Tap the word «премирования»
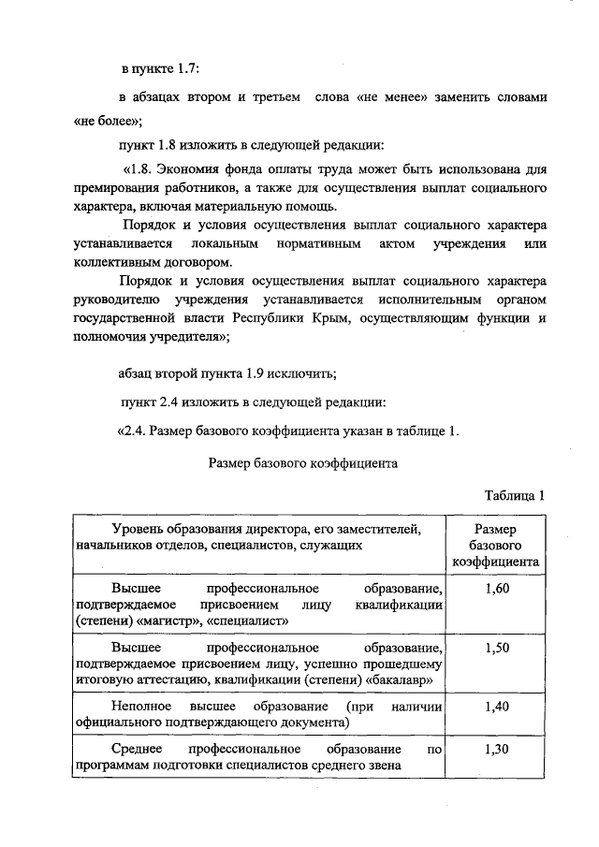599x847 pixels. [120, 189]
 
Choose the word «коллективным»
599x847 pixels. [116, 263]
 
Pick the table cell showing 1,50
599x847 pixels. [497, 648]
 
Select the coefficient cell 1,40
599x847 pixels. [497, 707]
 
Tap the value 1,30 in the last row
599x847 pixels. [497, 750]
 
